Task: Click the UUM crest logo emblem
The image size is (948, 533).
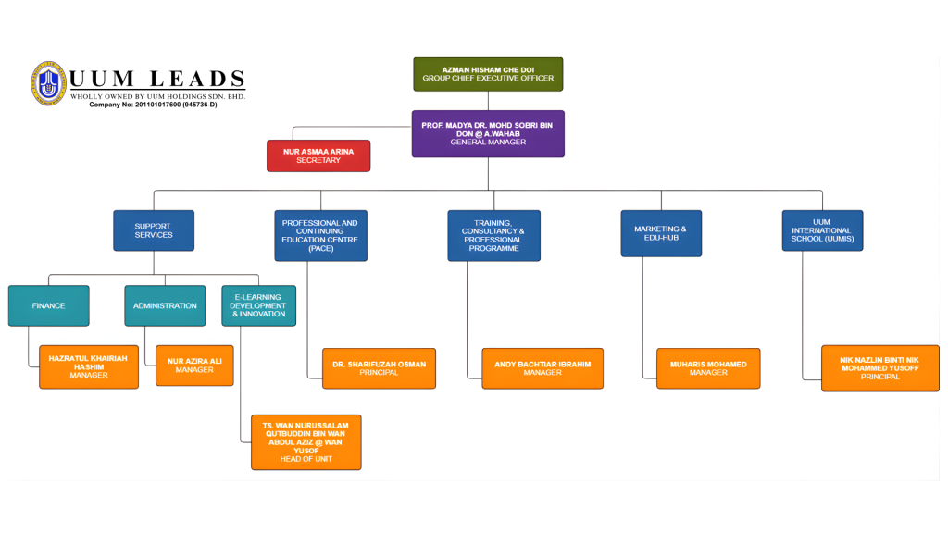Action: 48,83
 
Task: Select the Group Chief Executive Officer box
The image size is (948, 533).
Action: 488,74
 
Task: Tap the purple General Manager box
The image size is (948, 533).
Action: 488,133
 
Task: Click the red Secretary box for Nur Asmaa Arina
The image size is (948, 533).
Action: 318,155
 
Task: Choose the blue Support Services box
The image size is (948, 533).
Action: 154,230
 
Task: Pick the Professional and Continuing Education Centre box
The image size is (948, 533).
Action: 320,235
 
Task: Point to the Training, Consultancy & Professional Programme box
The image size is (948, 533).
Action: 493,235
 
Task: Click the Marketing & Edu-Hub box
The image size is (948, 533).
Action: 660,233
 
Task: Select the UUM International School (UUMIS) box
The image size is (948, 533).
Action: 822,230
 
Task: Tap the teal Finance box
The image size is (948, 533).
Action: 49,305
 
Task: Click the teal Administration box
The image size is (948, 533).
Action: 165,305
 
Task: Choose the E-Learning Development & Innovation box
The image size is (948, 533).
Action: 259,305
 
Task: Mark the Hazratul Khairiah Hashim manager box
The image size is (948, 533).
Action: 89,366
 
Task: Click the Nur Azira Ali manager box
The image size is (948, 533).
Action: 194,365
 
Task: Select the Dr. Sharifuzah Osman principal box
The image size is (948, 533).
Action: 379,368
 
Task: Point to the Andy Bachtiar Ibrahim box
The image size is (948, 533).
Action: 543,368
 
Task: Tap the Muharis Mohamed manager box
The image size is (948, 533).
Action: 708,368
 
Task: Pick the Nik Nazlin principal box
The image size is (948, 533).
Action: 879,368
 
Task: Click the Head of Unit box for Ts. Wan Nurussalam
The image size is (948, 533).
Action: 306,442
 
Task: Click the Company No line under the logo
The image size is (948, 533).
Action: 153,105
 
